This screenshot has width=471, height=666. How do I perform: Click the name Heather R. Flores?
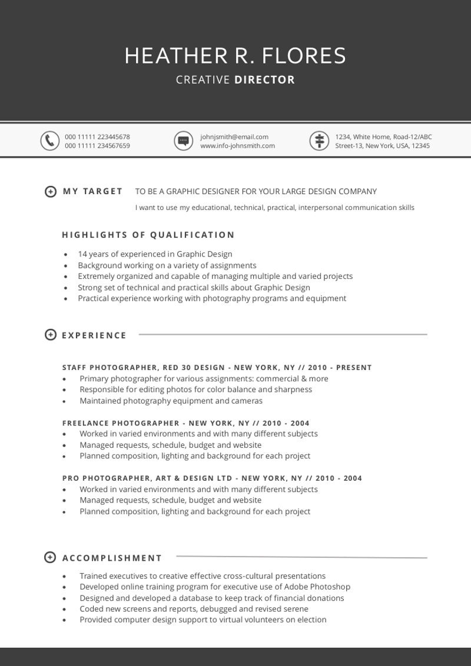pos(235,56)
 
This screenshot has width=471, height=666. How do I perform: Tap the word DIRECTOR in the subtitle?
pos(264,80)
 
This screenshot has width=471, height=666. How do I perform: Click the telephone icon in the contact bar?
pos(49,141)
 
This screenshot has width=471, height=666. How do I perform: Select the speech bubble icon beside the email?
pos(183,141)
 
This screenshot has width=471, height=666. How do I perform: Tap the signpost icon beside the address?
pos(319,141)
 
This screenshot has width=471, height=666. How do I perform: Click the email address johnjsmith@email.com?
pos(234,137)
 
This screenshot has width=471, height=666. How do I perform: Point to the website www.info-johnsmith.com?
pos(237,146)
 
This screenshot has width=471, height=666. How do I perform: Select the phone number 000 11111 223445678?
pos(97,137)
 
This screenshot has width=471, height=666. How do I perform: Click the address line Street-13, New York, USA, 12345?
pos(382,146)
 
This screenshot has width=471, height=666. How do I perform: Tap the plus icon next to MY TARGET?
pos(51,191)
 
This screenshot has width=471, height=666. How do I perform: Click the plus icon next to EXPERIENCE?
pos(51,335)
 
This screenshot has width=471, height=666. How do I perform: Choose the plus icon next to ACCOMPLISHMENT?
pos(51,557)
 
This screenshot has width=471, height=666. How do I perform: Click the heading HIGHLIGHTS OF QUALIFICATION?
pos(148,235)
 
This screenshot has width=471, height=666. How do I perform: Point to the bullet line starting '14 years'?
pos(155,254)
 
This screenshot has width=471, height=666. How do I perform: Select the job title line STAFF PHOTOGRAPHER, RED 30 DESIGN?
pos(217,368)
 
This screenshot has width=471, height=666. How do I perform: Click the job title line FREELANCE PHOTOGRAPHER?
pos(185,423)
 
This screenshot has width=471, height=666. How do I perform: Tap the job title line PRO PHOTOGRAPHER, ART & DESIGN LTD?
pos(212,478)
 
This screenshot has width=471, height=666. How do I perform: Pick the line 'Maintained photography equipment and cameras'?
pos(171,401)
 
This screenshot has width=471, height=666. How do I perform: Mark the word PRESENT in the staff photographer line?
pos(353,368)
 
